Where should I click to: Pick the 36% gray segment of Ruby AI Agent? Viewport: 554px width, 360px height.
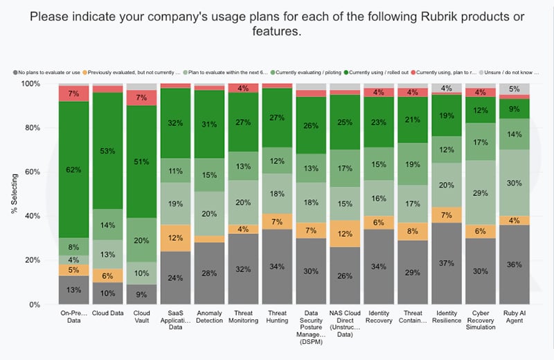point(514,264)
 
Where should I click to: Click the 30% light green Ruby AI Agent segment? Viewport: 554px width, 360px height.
point(514,183)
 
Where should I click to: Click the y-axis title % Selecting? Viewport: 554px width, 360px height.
point(15,194)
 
